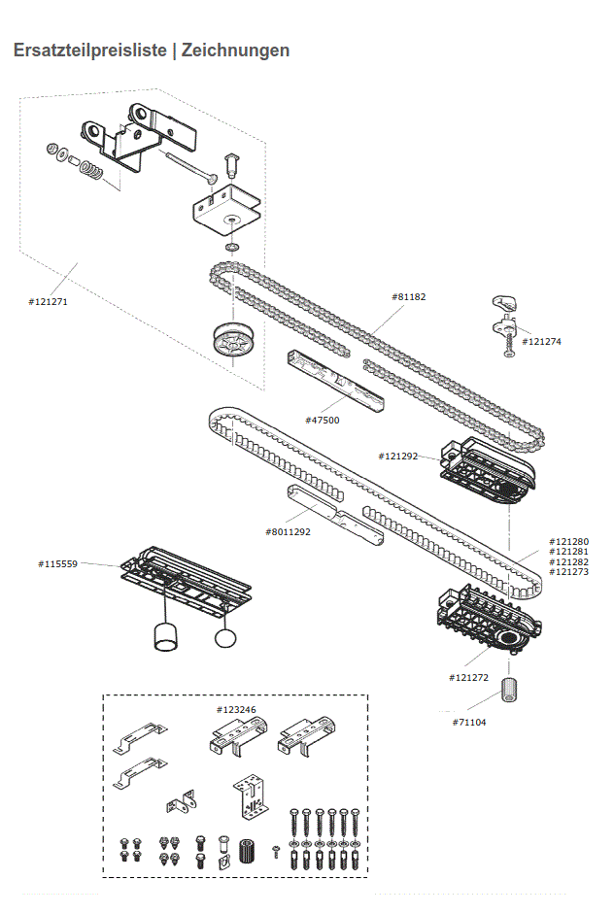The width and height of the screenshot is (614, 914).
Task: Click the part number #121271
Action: point(48,301)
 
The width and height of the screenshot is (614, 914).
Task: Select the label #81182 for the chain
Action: point(409,296)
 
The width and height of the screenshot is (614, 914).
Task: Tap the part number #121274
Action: point(541,341)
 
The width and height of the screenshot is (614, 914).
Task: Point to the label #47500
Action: point(322,420)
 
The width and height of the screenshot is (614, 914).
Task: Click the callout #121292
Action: point(397,456)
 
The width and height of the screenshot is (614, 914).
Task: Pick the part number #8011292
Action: point(288,531)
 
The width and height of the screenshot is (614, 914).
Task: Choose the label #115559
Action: point(57,563)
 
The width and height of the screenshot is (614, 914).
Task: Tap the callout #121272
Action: point(467,677)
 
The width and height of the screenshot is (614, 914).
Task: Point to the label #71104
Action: point(469,722)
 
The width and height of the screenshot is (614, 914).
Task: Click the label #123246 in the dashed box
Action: point(236,710)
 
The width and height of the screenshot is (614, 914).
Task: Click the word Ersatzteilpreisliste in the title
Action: point(89,51)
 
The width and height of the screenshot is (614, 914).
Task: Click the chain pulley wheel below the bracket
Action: point(233,341)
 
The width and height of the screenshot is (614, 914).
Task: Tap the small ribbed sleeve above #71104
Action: point(507,692)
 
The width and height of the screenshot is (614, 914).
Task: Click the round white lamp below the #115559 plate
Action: point(225,638)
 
